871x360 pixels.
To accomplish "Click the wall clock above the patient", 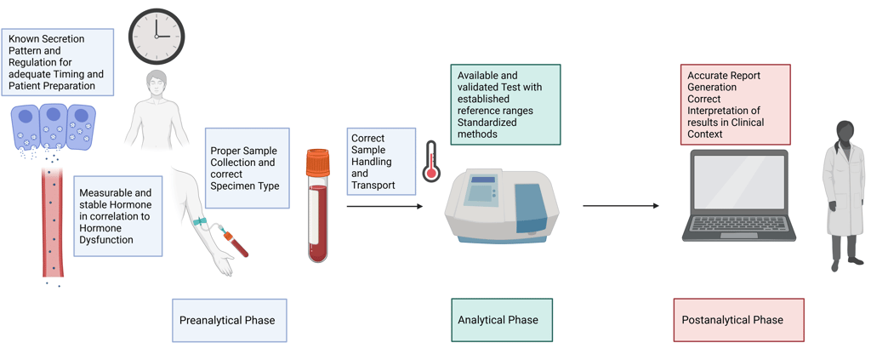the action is [157, 37].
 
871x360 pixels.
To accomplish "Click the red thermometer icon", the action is [430, 161].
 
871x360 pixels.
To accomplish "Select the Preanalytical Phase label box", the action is [230, 320].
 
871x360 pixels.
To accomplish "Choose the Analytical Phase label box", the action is [502, 320].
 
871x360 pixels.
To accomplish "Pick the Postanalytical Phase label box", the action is [739, 320].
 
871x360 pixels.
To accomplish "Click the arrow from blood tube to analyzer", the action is [384, 206].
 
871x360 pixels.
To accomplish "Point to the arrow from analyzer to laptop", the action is [621, 206].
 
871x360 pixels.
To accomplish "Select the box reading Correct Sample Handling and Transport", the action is [382, 162].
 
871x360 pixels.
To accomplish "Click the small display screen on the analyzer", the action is [483, 180].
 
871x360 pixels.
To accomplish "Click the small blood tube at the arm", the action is [236, 243].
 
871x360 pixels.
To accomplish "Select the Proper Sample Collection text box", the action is [248, 169].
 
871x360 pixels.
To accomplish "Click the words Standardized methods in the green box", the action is [487, 129].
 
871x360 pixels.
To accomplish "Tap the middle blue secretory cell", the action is [54, 127].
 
